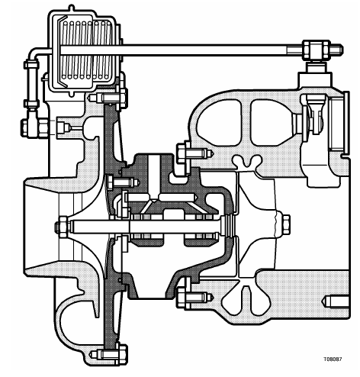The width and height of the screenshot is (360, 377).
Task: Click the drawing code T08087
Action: [333, 359]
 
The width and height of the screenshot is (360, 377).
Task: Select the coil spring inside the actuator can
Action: [87, 50]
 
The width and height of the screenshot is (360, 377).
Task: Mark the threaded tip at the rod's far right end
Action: [336, 50]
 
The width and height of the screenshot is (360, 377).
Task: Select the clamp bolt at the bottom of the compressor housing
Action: [109, 353]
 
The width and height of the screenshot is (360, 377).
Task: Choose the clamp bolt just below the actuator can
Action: [109, 97]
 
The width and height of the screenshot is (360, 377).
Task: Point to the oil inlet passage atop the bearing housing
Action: [154, 176]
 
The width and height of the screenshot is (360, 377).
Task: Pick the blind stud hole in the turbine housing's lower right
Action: [336, 301]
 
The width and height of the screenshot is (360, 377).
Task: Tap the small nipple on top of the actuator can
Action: [72, 8]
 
